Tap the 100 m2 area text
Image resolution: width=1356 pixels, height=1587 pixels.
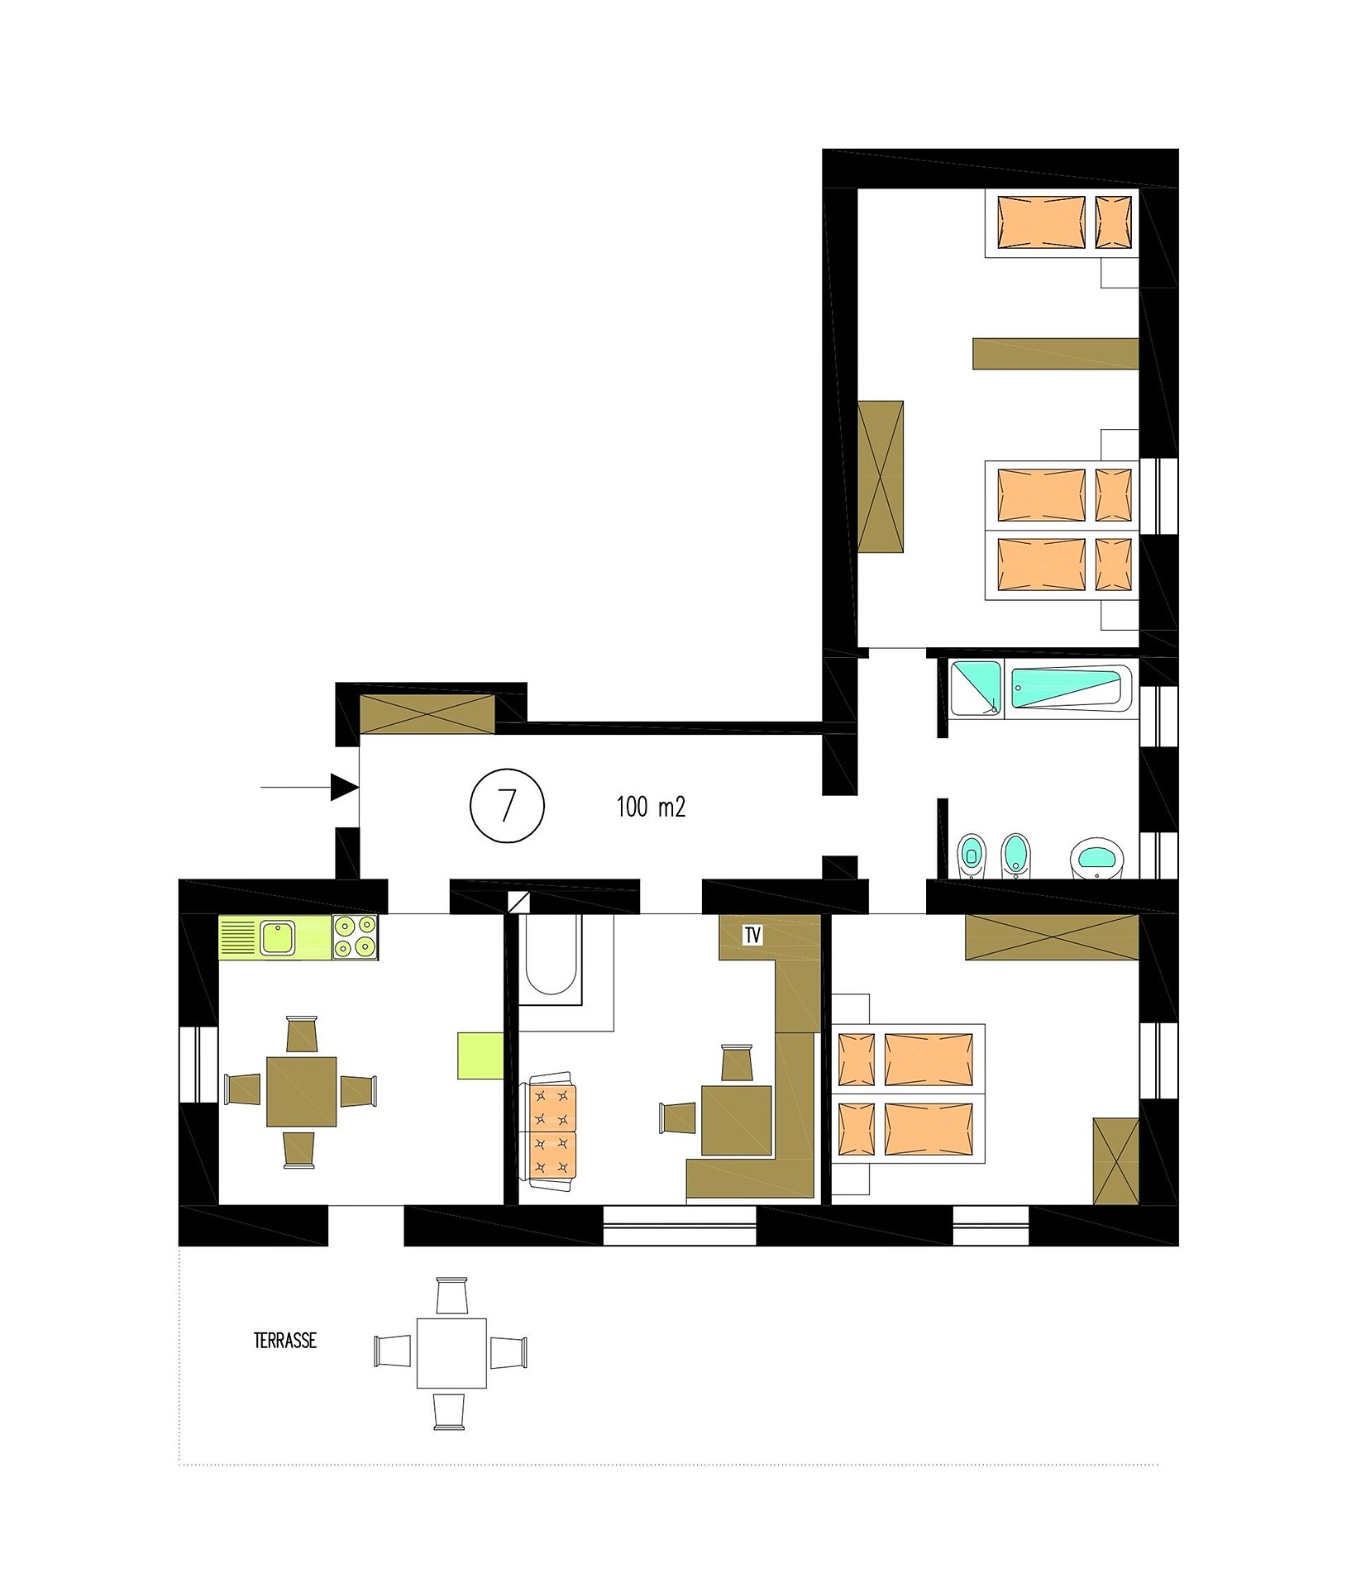coord(651,807)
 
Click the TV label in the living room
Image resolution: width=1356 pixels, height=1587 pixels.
coord(752,935)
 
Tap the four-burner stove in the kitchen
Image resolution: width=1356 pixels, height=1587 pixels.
coord(356,936)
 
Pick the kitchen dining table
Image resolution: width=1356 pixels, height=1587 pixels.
coord(302,1091)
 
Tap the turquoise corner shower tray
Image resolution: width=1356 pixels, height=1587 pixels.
coord(976,688)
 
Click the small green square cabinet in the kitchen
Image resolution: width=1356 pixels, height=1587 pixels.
coord(481,1056)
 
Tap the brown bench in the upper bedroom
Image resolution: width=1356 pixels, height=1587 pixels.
coord(1056,353)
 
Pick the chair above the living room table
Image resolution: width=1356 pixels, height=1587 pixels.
coord(737,1062)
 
